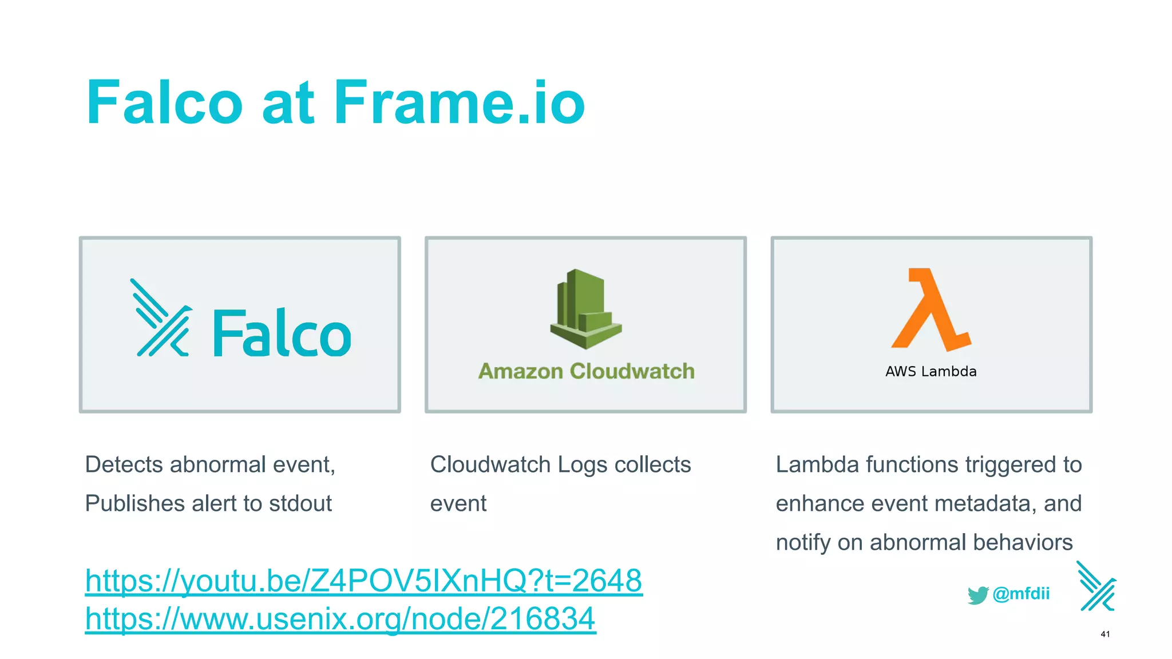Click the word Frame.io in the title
[x=460, y=103]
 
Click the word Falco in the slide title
[x=165, y=103]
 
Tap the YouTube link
[x=363, y=581]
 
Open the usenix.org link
[x=340, y=618]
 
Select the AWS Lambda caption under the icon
[x=931, y=371]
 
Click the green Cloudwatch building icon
[x=585, y=309]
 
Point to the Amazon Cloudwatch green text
[x=586, y=371]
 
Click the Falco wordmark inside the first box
[x=282, y=333]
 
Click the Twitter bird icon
[x=978, y=594]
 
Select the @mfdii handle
[x=1021, y=594]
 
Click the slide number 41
[x=1105, y=634]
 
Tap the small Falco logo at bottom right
[x=1096, y=586]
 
